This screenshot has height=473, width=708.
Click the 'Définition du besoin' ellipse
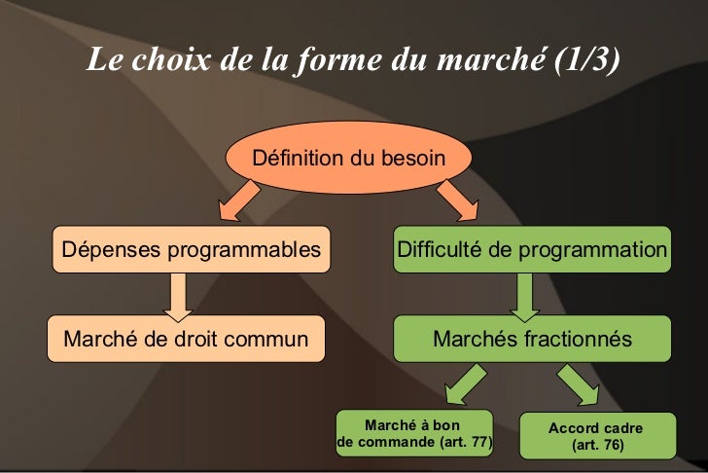tap(348, 158)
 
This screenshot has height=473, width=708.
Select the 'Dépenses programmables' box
tap(191, 250)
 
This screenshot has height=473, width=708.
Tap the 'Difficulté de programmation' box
tap(532, 250)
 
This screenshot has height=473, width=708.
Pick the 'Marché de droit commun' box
tap(186, 340)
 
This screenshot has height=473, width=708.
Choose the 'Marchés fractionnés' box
tap(532, 340)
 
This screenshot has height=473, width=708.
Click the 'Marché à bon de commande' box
tap(414, 434)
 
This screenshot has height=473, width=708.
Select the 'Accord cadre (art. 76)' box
tap(595, 436)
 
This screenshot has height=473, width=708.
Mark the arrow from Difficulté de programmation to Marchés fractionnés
tap(525, 295)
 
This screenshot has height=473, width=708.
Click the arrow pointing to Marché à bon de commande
tap(463, 383)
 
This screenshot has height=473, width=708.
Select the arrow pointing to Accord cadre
tap(581, 383)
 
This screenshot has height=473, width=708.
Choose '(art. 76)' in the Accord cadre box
tap(595, 445)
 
